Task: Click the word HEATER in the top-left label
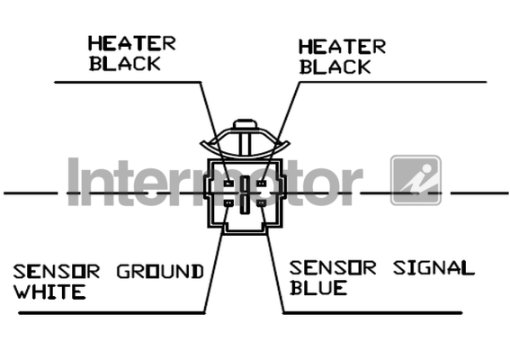[131, 43]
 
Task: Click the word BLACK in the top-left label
[125, 64]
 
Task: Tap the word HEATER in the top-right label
[342, 47]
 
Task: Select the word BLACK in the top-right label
[335, 67]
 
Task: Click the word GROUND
[160, 272]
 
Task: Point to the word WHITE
[49, 292]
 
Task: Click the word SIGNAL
[434, 268]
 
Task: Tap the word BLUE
[318, 288]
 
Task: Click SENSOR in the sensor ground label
[57, 272]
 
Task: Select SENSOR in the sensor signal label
[333, 268]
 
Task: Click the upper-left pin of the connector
[228, 184]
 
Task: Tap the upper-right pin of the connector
[261, 184]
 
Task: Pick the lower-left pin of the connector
[228, 203]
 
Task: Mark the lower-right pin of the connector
[261, 203]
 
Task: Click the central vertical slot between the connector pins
[245, 194]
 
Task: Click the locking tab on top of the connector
[245, 124]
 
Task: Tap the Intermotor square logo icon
[416, 180]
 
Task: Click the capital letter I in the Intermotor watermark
[74, 182]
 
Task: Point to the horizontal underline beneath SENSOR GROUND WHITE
[112, 313]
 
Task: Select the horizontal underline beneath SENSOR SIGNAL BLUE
[372, 313]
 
